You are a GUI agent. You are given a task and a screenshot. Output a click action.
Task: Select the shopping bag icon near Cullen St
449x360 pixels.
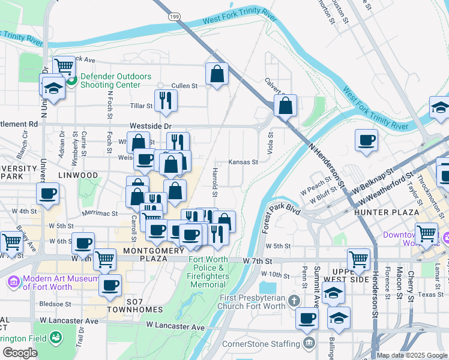[217, 74]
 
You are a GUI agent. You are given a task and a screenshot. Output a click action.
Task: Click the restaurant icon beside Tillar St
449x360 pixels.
[166, 101]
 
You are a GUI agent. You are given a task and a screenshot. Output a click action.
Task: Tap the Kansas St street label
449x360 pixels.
[243, 162]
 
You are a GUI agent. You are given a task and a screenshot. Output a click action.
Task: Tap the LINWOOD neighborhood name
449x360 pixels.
[78, 175]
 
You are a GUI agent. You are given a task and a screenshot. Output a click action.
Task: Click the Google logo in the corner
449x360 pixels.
[19, 353]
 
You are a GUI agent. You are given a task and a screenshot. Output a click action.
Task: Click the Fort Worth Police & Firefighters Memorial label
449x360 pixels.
[208, 272]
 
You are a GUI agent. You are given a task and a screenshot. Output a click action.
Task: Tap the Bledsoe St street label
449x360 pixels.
[56, 304]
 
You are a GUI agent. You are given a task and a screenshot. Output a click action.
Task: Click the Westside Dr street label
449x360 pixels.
[151, 127]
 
